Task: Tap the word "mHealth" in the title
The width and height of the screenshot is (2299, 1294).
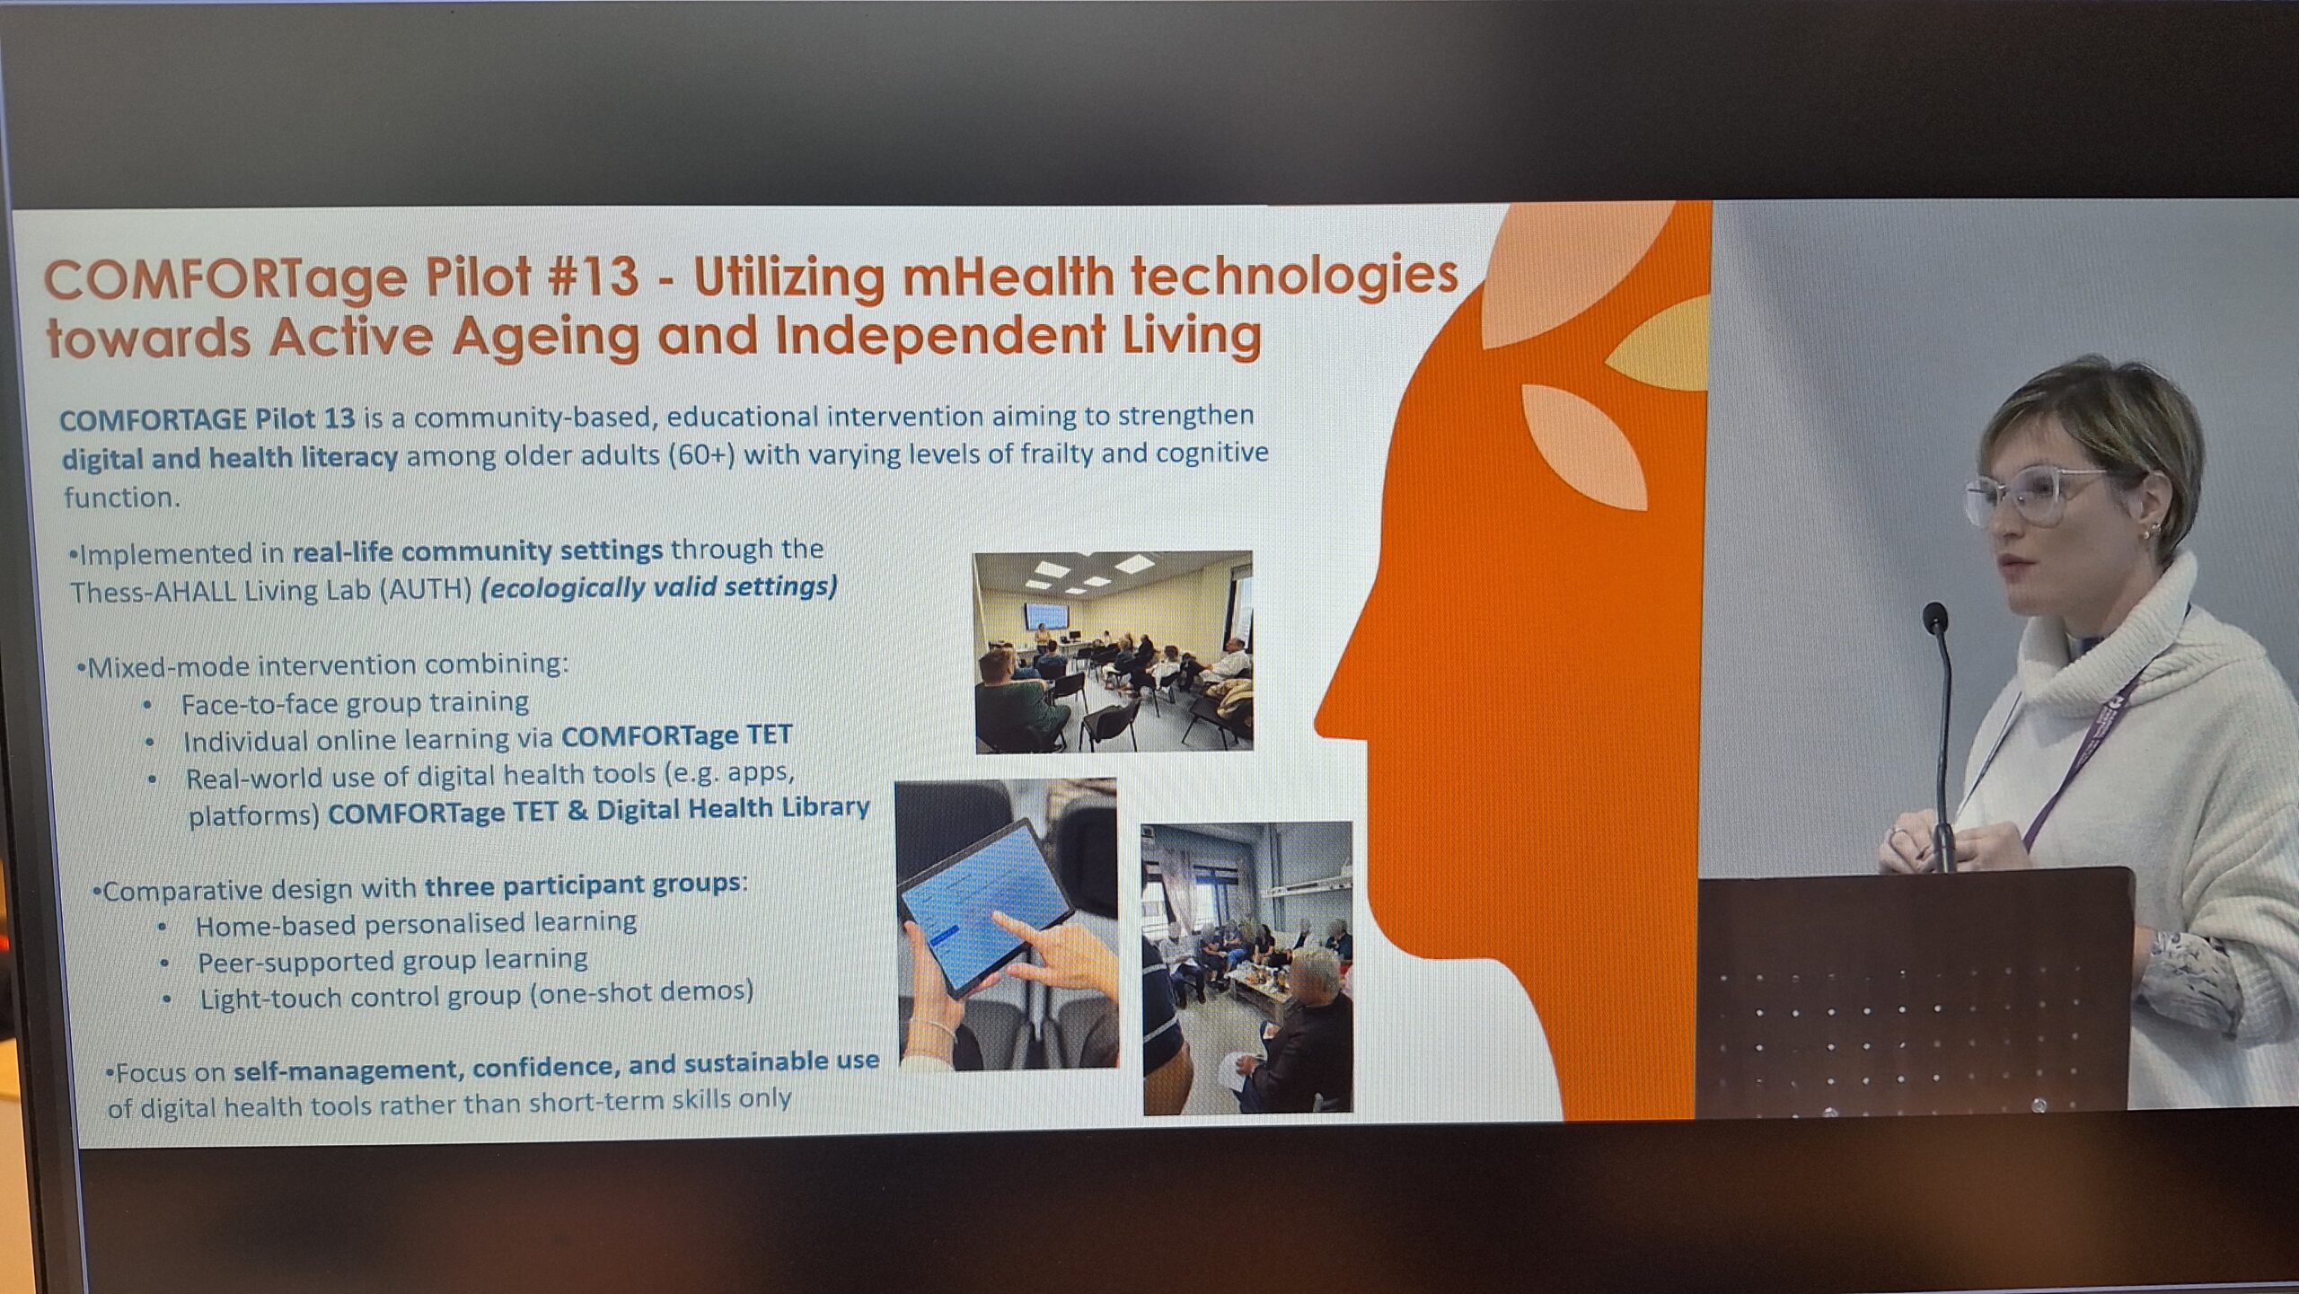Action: (x=1006, y=276)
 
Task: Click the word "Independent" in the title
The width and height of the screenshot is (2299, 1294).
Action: (x=938, y=335)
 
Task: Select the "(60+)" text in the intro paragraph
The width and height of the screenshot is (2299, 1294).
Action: (x=701, y=455)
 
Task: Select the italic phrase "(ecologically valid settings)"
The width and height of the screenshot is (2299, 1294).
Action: (x=659, y=587)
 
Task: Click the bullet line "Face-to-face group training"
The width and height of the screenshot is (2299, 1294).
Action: (x=355, y=702)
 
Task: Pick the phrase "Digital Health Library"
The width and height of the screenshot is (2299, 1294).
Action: (x=733, y=809)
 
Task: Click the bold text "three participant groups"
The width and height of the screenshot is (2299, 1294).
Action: (x=582, y=885)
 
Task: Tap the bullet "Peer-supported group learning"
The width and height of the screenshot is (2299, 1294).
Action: (x=392, y=961)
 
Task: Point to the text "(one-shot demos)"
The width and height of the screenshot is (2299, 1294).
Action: (x=640, y=993)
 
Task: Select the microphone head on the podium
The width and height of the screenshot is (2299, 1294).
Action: (x=1935, y=618)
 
